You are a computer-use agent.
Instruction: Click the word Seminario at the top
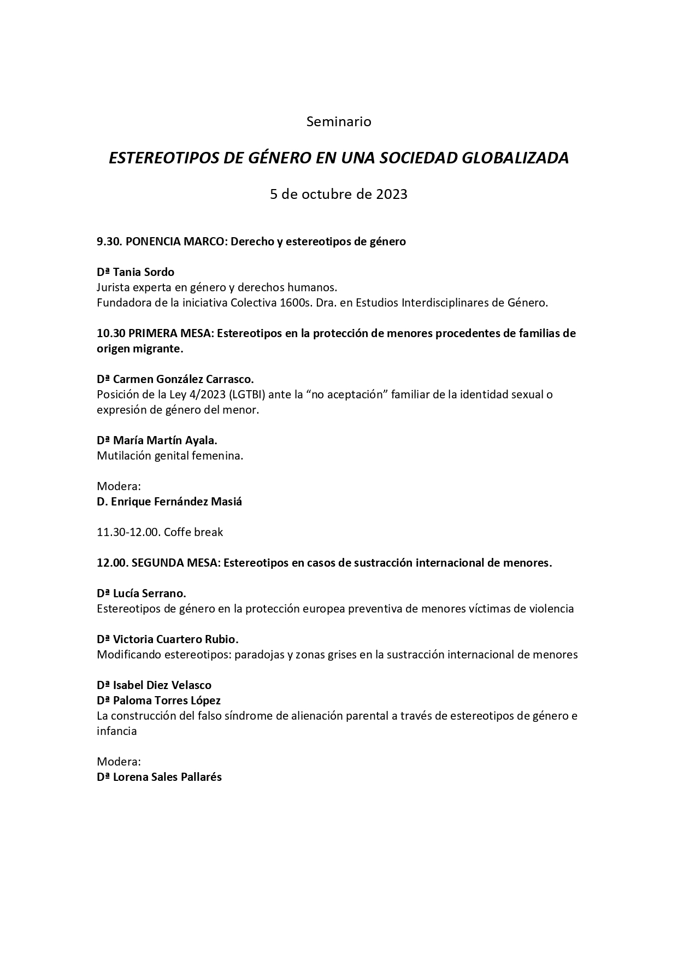click(x=339, y=121)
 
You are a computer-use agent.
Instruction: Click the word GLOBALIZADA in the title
click(x=515, y=158)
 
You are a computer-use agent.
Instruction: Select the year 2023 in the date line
click(x=392, y=195)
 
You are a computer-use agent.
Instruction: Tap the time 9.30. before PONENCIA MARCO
click(x=109, y=242)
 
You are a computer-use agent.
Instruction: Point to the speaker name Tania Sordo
click(x=143, y=272)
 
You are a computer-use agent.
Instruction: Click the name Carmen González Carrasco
click(x=183, y=379)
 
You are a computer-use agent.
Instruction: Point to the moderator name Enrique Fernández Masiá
click(x=176, y=502)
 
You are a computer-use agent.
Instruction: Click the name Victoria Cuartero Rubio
click(x=175, y=639)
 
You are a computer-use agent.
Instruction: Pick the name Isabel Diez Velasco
click(x=162, y=685)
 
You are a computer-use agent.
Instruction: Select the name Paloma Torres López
click(x=167, y=701)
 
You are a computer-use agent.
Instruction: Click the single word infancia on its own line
click(x=116, y=731)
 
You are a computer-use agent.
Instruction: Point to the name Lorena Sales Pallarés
click(x=167, y=777)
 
